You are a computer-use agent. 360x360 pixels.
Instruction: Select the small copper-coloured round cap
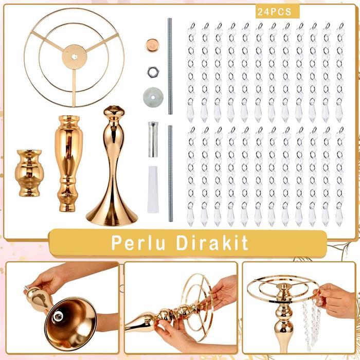point(152,45)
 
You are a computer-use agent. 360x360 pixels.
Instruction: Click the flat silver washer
point(152,96)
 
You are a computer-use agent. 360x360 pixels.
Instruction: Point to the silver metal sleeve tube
point(153,139)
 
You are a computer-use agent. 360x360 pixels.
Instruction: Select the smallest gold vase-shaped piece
point(29,173)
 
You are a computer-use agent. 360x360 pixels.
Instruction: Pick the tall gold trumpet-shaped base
point(112,170)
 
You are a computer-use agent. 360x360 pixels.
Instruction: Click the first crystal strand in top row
point(191,72)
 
